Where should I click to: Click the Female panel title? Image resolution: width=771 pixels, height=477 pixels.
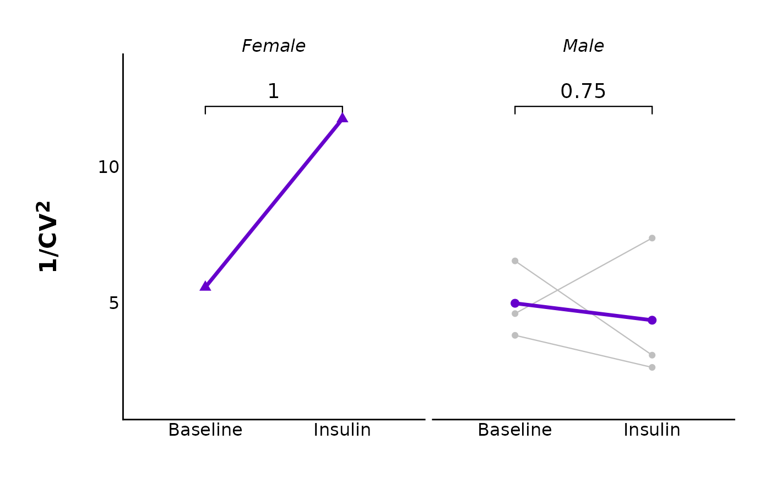274,46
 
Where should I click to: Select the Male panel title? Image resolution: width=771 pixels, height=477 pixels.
583,46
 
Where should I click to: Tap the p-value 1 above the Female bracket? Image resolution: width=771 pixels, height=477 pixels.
274,91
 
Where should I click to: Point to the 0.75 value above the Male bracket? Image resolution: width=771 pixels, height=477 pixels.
583,91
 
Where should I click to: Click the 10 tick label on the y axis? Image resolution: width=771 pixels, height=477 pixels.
108,167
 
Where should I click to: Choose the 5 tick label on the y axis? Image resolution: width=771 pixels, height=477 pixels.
113,303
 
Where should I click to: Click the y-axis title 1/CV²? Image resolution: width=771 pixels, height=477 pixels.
48,236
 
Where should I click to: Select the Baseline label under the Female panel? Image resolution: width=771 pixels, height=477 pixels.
205,430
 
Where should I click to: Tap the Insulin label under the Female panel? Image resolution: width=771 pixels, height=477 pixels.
342,430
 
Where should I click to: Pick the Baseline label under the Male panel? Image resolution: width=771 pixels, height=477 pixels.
515,430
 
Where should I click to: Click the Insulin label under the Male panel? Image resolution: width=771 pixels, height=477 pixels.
652,430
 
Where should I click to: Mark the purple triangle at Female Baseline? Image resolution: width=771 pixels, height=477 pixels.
205,286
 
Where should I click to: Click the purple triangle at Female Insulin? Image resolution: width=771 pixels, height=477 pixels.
342,117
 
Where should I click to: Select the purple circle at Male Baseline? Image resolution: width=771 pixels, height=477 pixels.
515,303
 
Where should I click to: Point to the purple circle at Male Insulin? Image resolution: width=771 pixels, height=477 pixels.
652,320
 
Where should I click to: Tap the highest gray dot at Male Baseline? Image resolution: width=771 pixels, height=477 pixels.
515,261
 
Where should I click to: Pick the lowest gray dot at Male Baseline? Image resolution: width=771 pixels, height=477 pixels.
515,335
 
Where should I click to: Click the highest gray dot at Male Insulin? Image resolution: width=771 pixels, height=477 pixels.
652,238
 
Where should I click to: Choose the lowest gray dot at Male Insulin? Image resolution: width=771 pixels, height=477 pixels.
652,367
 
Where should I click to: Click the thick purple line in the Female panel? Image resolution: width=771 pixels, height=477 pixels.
274,202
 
